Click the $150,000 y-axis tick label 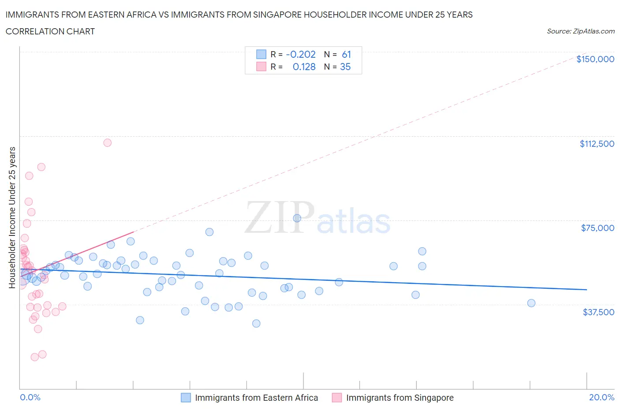pos(595,59)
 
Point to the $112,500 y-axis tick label pos(597,144)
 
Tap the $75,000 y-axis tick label pos(598,228)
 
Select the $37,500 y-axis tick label pos(598,312)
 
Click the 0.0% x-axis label pos(30,397)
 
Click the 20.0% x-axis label pos(601,397)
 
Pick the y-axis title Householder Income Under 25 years pos(12,217)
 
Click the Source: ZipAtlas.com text pos(580,31)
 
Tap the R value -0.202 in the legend pos(301,54)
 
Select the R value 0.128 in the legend pos(304,67)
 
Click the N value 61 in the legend pos(346,54)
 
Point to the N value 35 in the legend pos(345,67)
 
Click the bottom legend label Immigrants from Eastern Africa pos(256,398)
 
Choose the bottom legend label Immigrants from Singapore pos(400,398)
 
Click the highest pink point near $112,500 pos(107,142)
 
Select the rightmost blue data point pos(531,303)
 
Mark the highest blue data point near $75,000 pos(297,218)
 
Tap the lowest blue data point pos(256,323)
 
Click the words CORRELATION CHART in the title pos(50,31)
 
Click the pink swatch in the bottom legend pos(337,398)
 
